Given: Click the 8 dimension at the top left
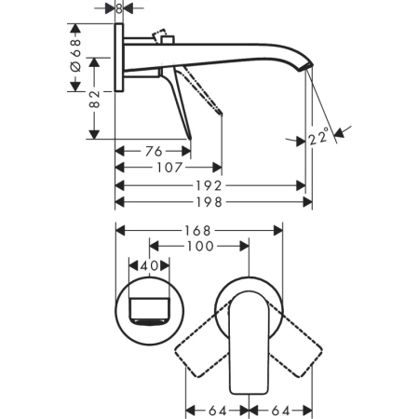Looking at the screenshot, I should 118,7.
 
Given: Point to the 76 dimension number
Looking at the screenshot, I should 154,151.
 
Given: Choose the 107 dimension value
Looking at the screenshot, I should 169,168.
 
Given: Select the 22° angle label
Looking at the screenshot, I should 318,141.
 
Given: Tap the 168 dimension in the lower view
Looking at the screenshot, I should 197,230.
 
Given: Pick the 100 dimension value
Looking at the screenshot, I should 200,247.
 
